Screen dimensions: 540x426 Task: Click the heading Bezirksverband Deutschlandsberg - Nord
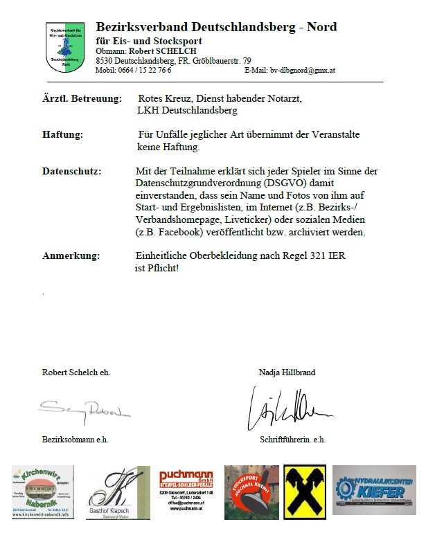216,27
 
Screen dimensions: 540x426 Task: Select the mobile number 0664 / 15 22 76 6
145,71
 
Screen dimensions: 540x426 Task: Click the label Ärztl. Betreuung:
82,99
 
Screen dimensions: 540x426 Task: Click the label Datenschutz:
72,171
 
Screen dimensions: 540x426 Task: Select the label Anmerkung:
71,255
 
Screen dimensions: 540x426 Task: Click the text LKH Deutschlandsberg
188,110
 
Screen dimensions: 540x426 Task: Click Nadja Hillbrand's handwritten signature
292,411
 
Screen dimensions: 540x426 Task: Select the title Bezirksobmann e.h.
76,439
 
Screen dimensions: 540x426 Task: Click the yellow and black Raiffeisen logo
304,492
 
